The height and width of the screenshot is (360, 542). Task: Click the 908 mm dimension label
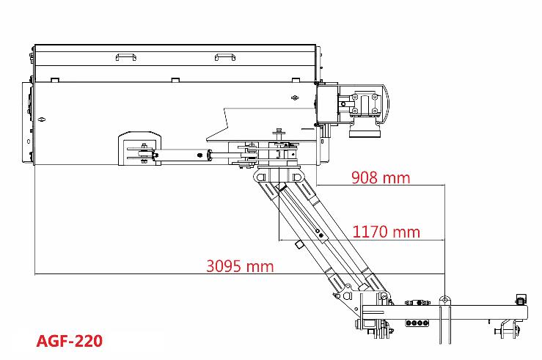381,177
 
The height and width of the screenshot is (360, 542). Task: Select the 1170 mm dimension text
386,232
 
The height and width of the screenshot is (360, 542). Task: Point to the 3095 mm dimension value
240,266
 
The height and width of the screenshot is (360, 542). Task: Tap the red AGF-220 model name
70,341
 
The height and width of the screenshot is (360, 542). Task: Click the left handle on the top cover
126,56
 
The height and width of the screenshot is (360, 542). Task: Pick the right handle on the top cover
225,56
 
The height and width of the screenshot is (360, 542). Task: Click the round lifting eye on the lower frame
445,299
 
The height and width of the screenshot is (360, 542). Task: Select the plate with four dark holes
417,323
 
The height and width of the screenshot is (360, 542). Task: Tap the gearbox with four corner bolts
365,103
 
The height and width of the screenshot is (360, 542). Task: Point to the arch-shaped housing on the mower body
139,148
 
